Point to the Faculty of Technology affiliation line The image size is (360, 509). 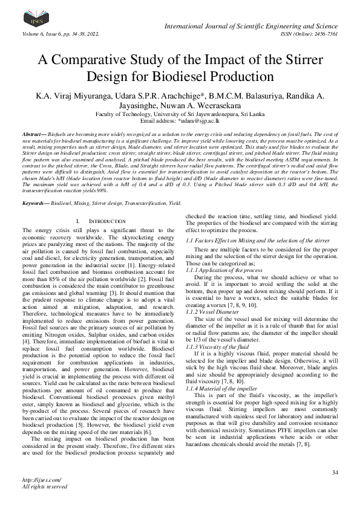point(180,113)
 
